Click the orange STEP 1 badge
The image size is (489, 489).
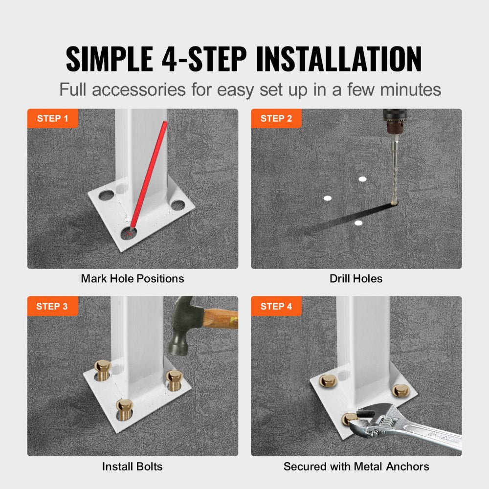coord(53,119)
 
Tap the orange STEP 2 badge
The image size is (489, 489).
coord(276,119)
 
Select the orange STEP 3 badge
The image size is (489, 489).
coord(53,307)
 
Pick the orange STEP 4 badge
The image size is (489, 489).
coord(276,307)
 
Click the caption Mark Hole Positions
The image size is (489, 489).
coord(133,279)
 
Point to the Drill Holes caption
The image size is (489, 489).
coord(356,279)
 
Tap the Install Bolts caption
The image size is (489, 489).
coord(133,467)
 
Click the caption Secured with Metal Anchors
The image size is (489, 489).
coord(356,467)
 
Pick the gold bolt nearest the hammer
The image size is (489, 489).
coord(174,378)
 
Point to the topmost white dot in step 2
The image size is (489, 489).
coord(362,179)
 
